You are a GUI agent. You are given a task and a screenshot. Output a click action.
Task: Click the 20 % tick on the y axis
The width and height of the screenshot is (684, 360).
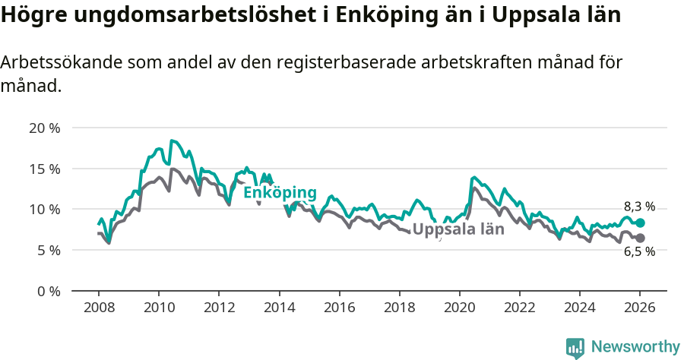coord(45,128)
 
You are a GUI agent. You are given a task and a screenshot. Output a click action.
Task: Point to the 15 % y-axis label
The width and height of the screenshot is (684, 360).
coord(45,169)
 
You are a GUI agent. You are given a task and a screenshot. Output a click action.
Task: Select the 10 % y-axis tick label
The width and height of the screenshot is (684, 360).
coord(45,210)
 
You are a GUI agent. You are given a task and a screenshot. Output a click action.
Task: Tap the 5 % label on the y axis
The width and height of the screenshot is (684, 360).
coord(48,250)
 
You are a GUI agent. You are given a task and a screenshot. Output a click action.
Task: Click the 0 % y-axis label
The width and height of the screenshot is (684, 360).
coord(48,291)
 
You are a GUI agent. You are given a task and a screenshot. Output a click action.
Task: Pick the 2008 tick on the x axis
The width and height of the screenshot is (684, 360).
coord(98,308)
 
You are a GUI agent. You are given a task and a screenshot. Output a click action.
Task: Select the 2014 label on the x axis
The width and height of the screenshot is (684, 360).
coord(279,308)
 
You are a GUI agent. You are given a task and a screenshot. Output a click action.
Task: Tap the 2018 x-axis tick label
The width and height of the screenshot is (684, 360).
coord(399,308)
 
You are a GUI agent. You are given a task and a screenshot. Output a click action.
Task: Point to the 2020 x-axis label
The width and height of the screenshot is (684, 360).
coord(459,308)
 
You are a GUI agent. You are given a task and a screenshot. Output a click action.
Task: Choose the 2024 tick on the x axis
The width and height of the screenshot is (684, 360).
coord(579,308)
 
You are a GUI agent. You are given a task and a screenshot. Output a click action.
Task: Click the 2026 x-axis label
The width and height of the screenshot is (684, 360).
coord(640,308)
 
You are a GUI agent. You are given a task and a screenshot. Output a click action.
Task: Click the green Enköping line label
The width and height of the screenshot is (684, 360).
coord(280,193)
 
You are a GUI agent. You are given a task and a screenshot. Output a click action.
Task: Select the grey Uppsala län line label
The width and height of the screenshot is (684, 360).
coord(458,229)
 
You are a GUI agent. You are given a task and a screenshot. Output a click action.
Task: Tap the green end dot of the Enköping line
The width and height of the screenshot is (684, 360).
coord(640,223)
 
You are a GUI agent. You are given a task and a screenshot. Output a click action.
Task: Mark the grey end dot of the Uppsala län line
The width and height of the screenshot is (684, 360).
coord(640,238)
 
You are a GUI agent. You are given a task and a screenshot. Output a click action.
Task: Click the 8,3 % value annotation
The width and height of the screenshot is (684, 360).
coord(639,207)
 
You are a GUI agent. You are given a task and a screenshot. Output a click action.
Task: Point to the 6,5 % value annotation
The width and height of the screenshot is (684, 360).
coord(639,253)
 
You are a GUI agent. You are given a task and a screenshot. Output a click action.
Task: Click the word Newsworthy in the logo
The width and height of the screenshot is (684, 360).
coord(635,347)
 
